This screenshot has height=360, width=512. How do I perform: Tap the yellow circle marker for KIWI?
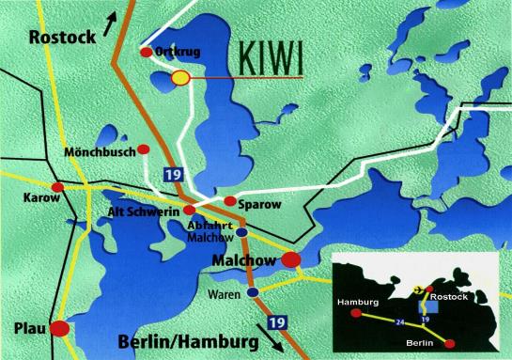click(180, 78)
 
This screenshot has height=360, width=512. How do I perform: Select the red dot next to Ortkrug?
click(146, 53)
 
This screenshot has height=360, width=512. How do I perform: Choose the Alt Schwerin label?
click(147, 211)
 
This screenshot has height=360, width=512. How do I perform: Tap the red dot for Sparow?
click(229, 201)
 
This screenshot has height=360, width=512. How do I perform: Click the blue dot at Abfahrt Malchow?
click(241, 232)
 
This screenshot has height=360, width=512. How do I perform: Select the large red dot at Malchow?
click(292, 259)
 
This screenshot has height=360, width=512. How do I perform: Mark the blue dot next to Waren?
click(255, 293)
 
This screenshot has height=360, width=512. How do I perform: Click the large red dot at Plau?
click(60, 329)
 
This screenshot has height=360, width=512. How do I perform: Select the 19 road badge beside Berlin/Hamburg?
click(300, 322)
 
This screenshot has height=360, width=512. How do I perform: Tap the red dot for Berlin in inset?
click(453, 344)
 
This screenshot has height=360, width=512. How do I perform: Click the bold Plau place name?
click(25, 329)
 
